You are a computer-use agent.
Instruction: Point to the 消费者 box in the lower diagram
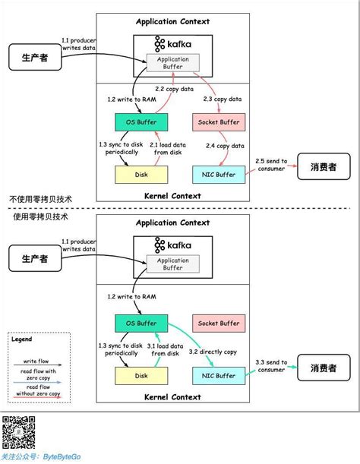pyautogui.click(x=318, y=369)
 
